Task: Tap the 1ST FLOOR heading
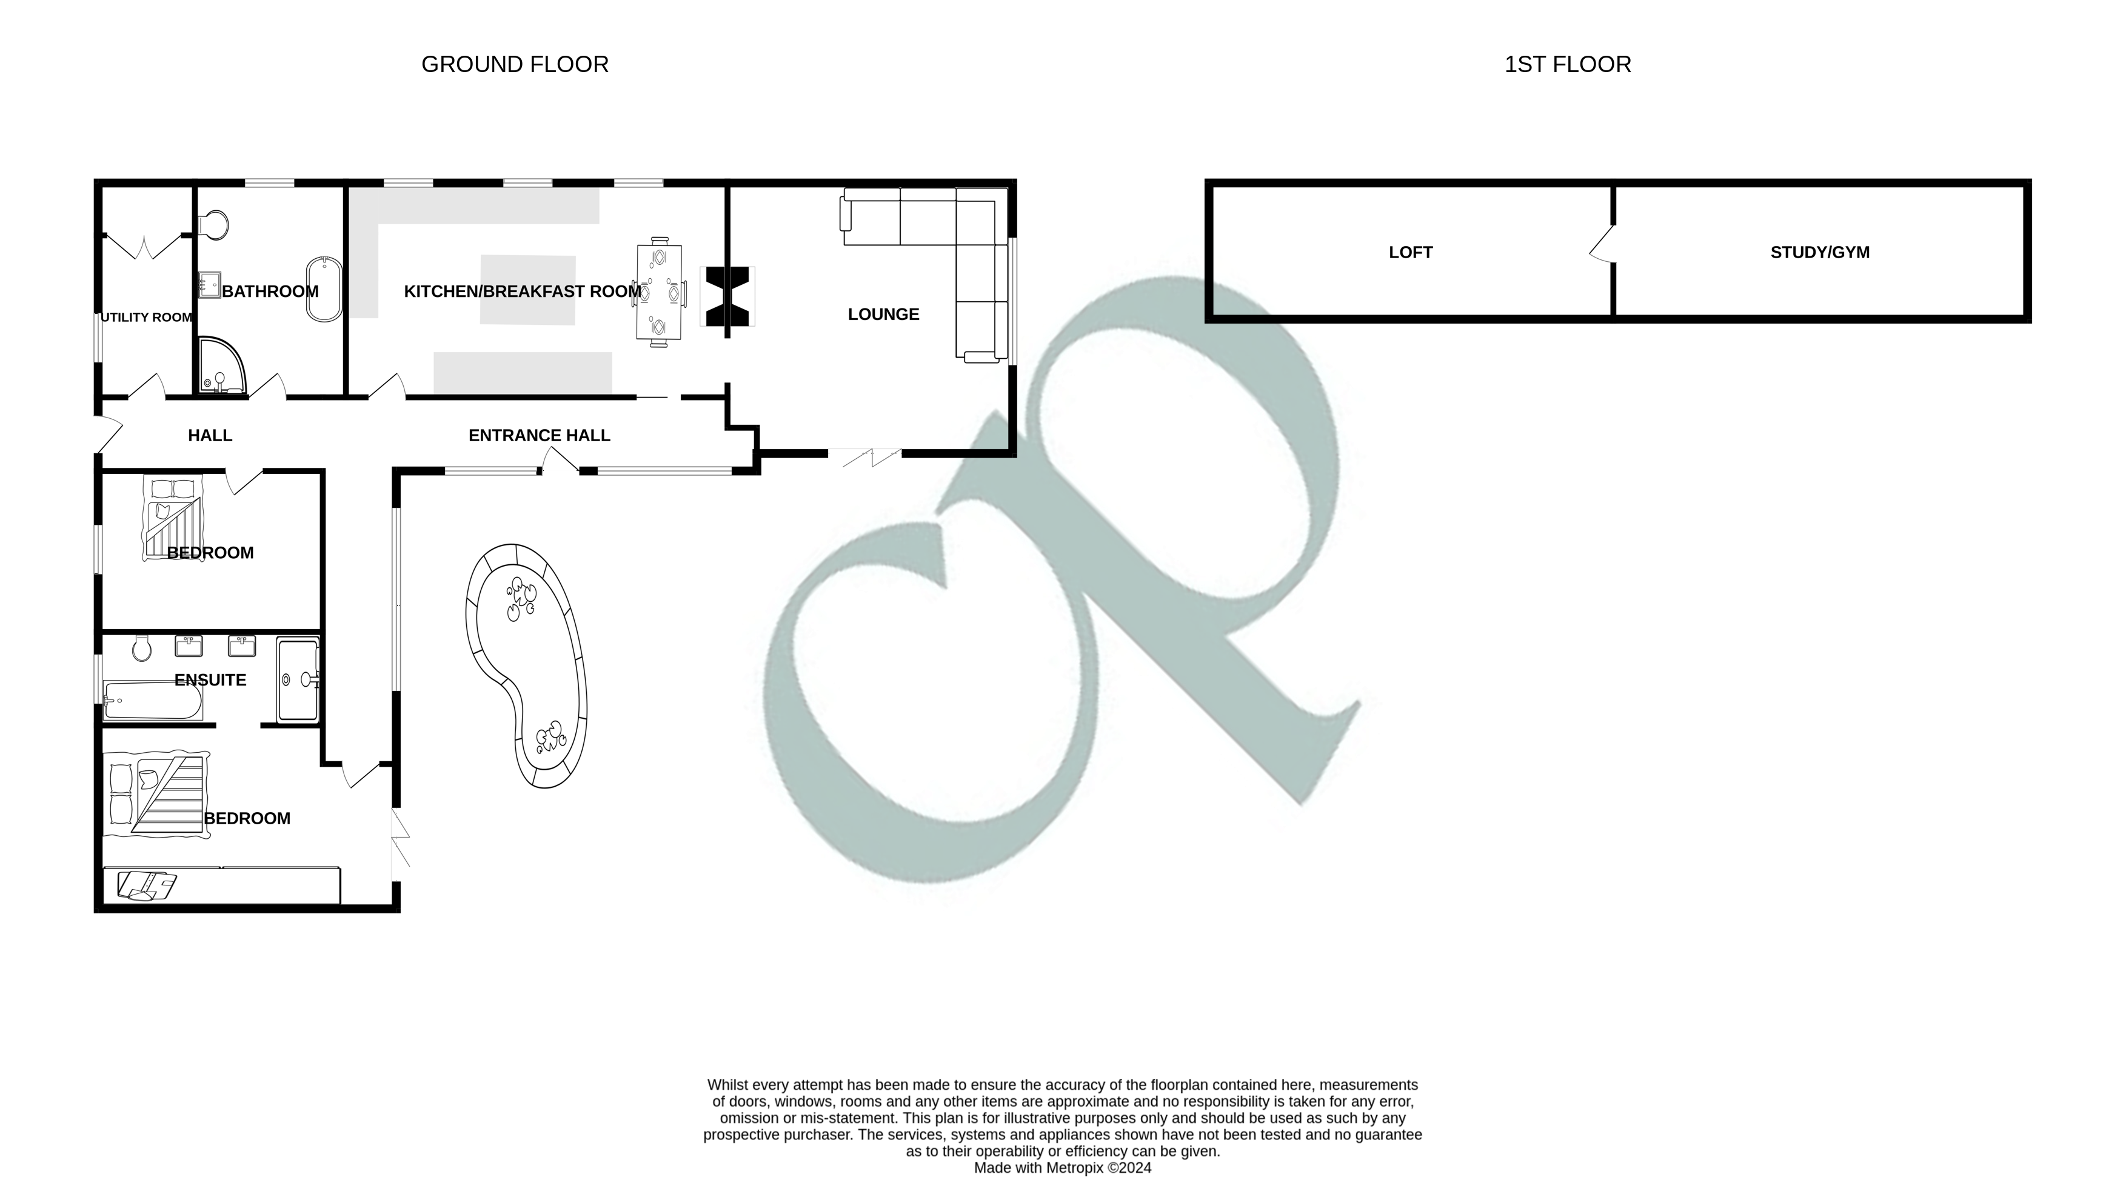[x=1567, y=64]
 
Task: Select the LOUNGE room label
[x=883, y=315]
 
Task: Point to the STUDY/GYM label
[x=1820, y=253]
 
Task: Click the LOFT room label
[x=1411, y=253]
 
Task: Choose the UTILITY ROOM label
[x=146, y=318]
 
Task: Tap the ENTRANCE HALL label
[x=539, y=436]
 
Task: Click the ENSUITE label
[x=210, y=680]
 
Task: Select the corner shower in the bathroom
[x=220, y=365]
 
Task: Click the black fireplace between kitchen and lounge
[x=727, y=296]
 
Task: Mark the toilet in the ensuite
[x=141, y=649]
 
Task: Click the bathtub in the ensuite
[x=153, y=701]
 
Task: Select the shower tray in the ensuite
[x=297, y=679]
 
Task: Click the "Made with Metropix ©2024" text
[x=1062, y=1168]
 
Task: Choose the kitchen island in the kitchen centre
[x=527, y=290]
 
